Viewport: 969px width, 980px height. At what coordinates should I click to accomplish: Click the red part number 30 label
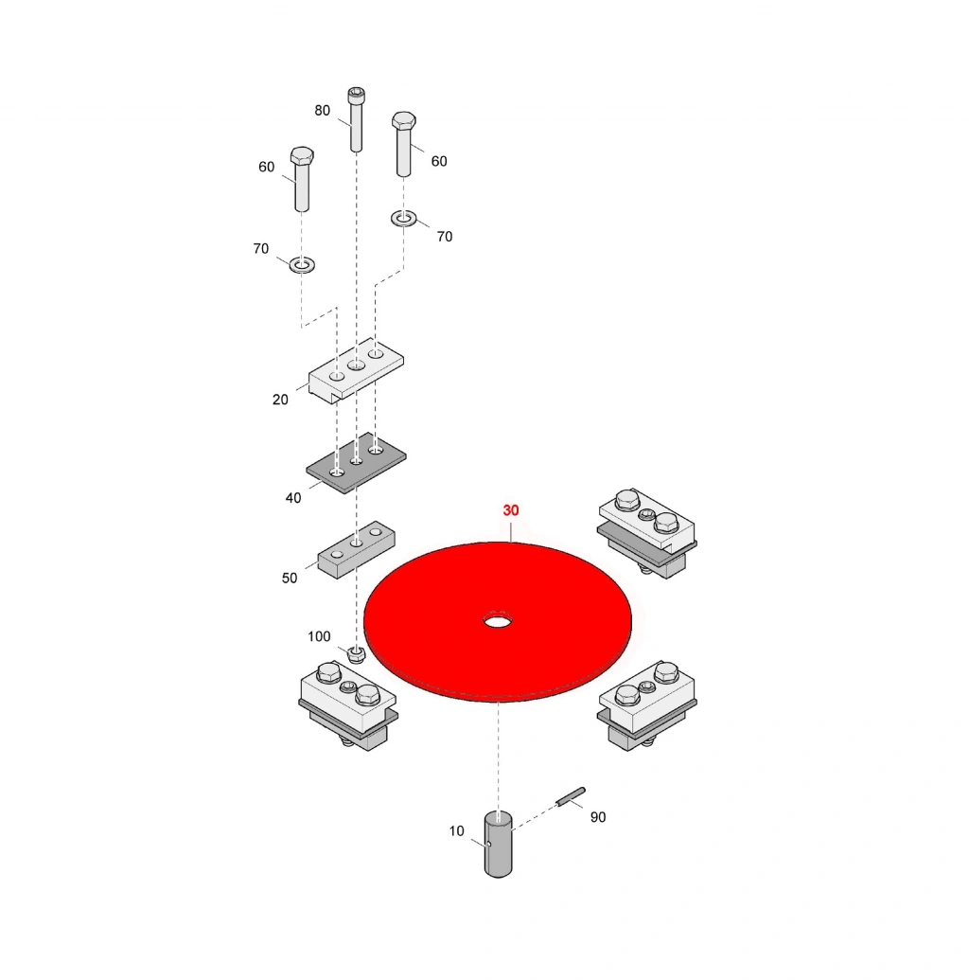pyautogui.click(x=510, y=510)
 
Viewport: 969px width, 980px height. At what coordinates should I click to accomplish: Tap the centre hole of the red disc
pyautogui.click(x=498, y=621)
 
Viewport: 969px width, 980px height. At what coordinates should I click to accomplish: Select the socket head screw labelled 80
pyautogui.click(x=356, y=119)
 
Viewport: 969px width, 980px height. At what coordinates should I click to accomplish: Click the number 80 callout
pyautogui.click(x=322, y=111)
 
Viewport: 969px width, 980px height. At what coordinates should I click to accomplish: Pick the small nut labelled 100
pyautogui.click(x=356, y=654)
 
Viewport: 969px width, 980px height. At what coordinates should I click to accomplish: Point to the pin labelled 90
pyautogui.click(x=571, y=797)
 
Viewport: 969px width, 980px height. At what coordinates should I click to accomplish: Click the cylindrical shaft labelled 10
pyautogui.click(x=498, y=843)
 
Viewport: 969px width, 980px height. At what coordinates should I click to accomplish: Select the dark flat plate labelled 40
pyautogui.click(x=356, y=463)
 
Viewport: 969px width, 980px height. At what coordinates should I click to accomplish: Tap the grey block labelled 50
pyautogui.click(x=356, y=550)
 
